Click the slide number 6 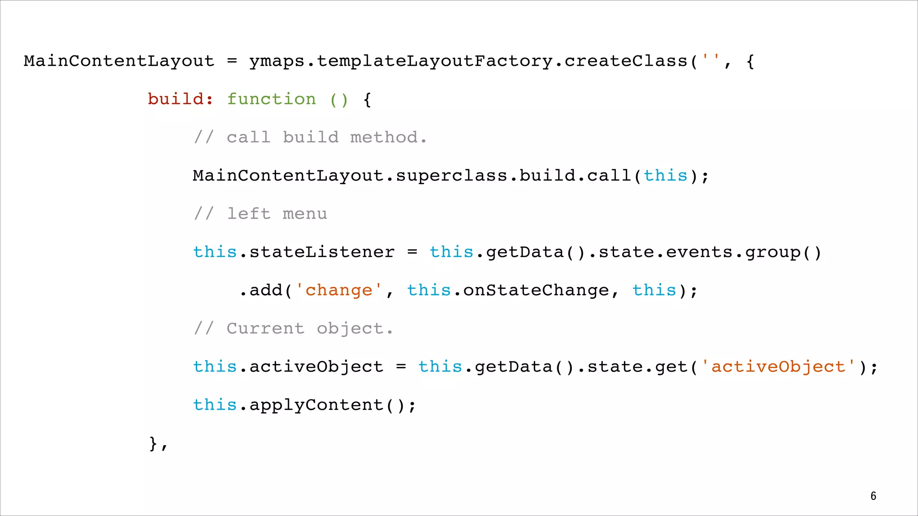[x=873, y=496]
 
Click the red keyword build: [x=181, y=99]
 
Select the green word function [x=271, y=99]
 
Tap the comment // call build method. [x=310, y=138]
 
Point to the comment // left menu [x=260, y=214]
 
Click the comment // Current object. [x=294, y=328]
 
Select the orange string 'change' [x=339, y=290]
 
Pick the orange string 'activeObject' [x=778, y=367]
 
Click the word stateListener [x=322, y=252]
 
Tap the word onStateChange [x=536, y=290]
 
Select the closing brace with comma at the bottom [x=158, y=443]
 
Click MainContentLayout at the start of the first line [x=119, y=61]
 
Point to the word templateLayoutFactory [x=435, y=61]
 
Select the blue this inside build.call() [x=666, y=176]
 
